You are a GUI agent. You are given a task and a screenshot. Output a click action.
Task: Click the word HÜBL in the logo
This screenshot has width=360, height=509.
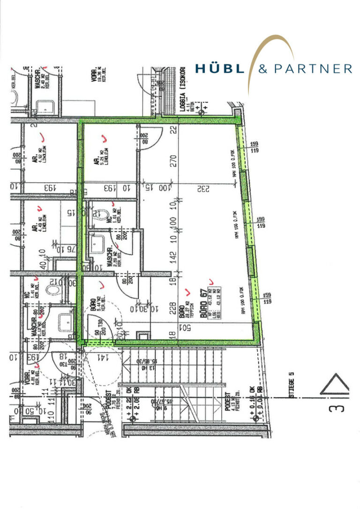tap(219, 69)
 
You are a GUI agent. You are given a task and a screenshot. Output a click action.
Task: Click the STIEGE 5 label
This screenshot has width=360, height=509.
tap(291, 384)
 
